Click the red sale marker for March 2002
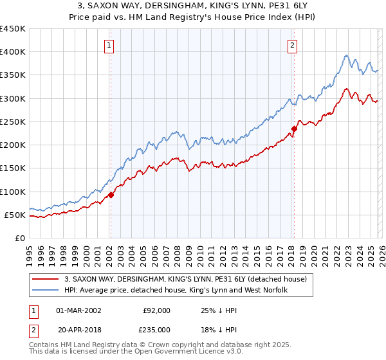[111, 195]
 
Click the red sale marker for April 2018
[294, 129]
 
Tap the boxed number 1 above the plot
[109, 46]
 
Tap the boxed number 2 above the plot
[293, 46]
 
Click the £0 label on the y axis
[19, 238]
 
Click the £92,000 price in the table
[156, 310]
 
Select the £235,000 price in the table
[156, 330]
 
